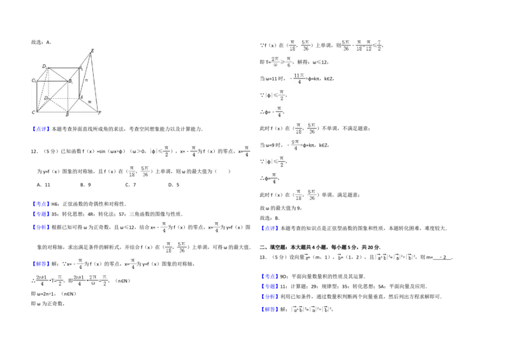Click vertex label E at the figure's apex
[x=92, y=50]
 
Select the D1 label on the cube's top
[x=45, y=66]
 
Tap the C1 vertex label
[x=34, y=80]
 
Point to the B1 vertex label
[x=70, y=82]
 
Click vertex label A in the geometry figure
[x=81, y=97]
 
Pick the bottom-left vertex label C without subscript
[x=33, y=112]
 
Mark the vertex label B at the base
[x=67, y=115]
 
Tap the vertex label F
[x=99, y=112]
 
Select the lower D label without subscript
[x=46, y=97]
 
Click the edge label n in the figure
[x=86, y=80]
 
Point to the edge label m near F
[x=89, y=102]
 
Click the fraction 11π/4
[x=298, y=79]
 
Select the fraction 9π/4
[x=295, y=145]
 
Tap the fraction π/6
[x=289, y=61]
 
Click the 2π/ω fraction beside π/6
[x=275, y=61]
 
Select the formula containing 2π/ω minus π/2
[x=91, y=280]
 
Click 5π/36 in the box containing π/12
[x=346, y=45]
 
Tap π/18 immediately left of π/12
[x=359, y=45]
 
